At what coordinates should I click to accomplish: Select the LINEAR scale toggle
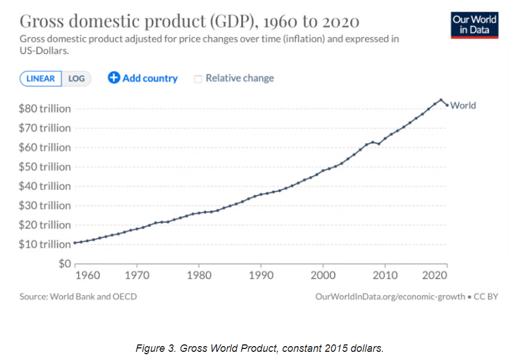(x=41, y=79)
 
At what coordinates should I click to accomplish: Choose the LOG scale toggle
(x=77, y=79)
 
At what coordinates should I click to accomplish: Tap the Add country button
(x=143, y=78)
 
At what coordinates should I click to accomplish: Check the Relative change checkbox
(x=198, y=79)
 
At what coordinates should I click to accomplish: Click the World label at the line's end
(x=463, y=106)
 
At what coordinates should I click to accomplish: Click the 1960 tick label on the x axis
(x=88, y=275)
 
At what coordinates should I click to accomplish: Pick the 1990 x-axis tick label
(x=260, y=275)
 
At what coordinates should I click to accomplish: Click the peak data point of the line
(x=441, y=100)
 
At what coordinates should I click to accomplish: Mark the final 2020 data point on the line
(x=447, y=106)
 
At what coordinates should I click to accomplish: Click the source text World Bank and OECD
(x=94, y=296)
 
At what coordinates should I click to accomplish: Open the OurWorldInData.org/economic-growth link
(x=390, y=296)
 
